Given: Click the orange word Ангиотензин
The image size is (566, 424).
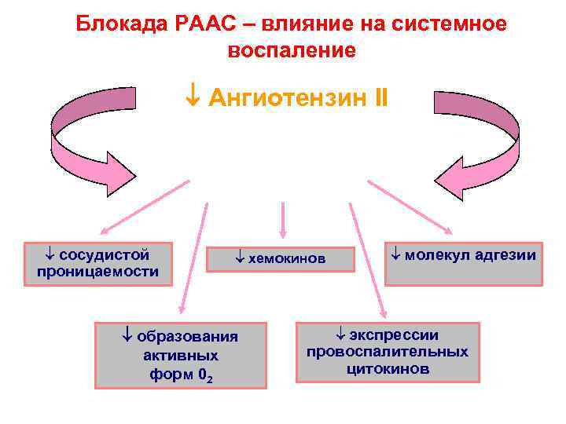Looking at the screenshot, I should coord(286,100).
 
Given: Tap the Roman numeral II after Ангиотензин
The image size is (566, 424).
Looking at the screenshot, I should coord(379,100).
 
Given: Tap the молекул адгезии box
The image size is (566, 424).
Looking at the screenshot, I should coord(464,263).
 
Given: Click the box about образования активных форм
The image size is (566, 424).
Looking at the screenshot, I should coord(181,355).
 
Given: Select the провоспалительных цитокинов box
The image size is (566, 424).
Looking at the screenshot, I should coord(388,352).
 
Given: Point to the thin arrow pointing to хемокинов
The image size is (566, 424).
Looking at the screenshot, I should coord(283,219).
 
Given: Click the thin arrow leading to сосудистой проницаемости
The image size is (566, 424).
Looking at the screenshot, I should coord(145,207).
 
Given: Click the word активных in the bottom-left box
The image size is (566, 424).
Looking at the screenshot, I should coord(182,356).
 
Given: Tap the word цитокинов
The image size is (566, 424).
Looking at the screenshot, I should coord(388,369).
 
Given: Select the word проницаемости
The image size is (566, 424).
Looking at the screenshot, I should coord(97,272).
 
